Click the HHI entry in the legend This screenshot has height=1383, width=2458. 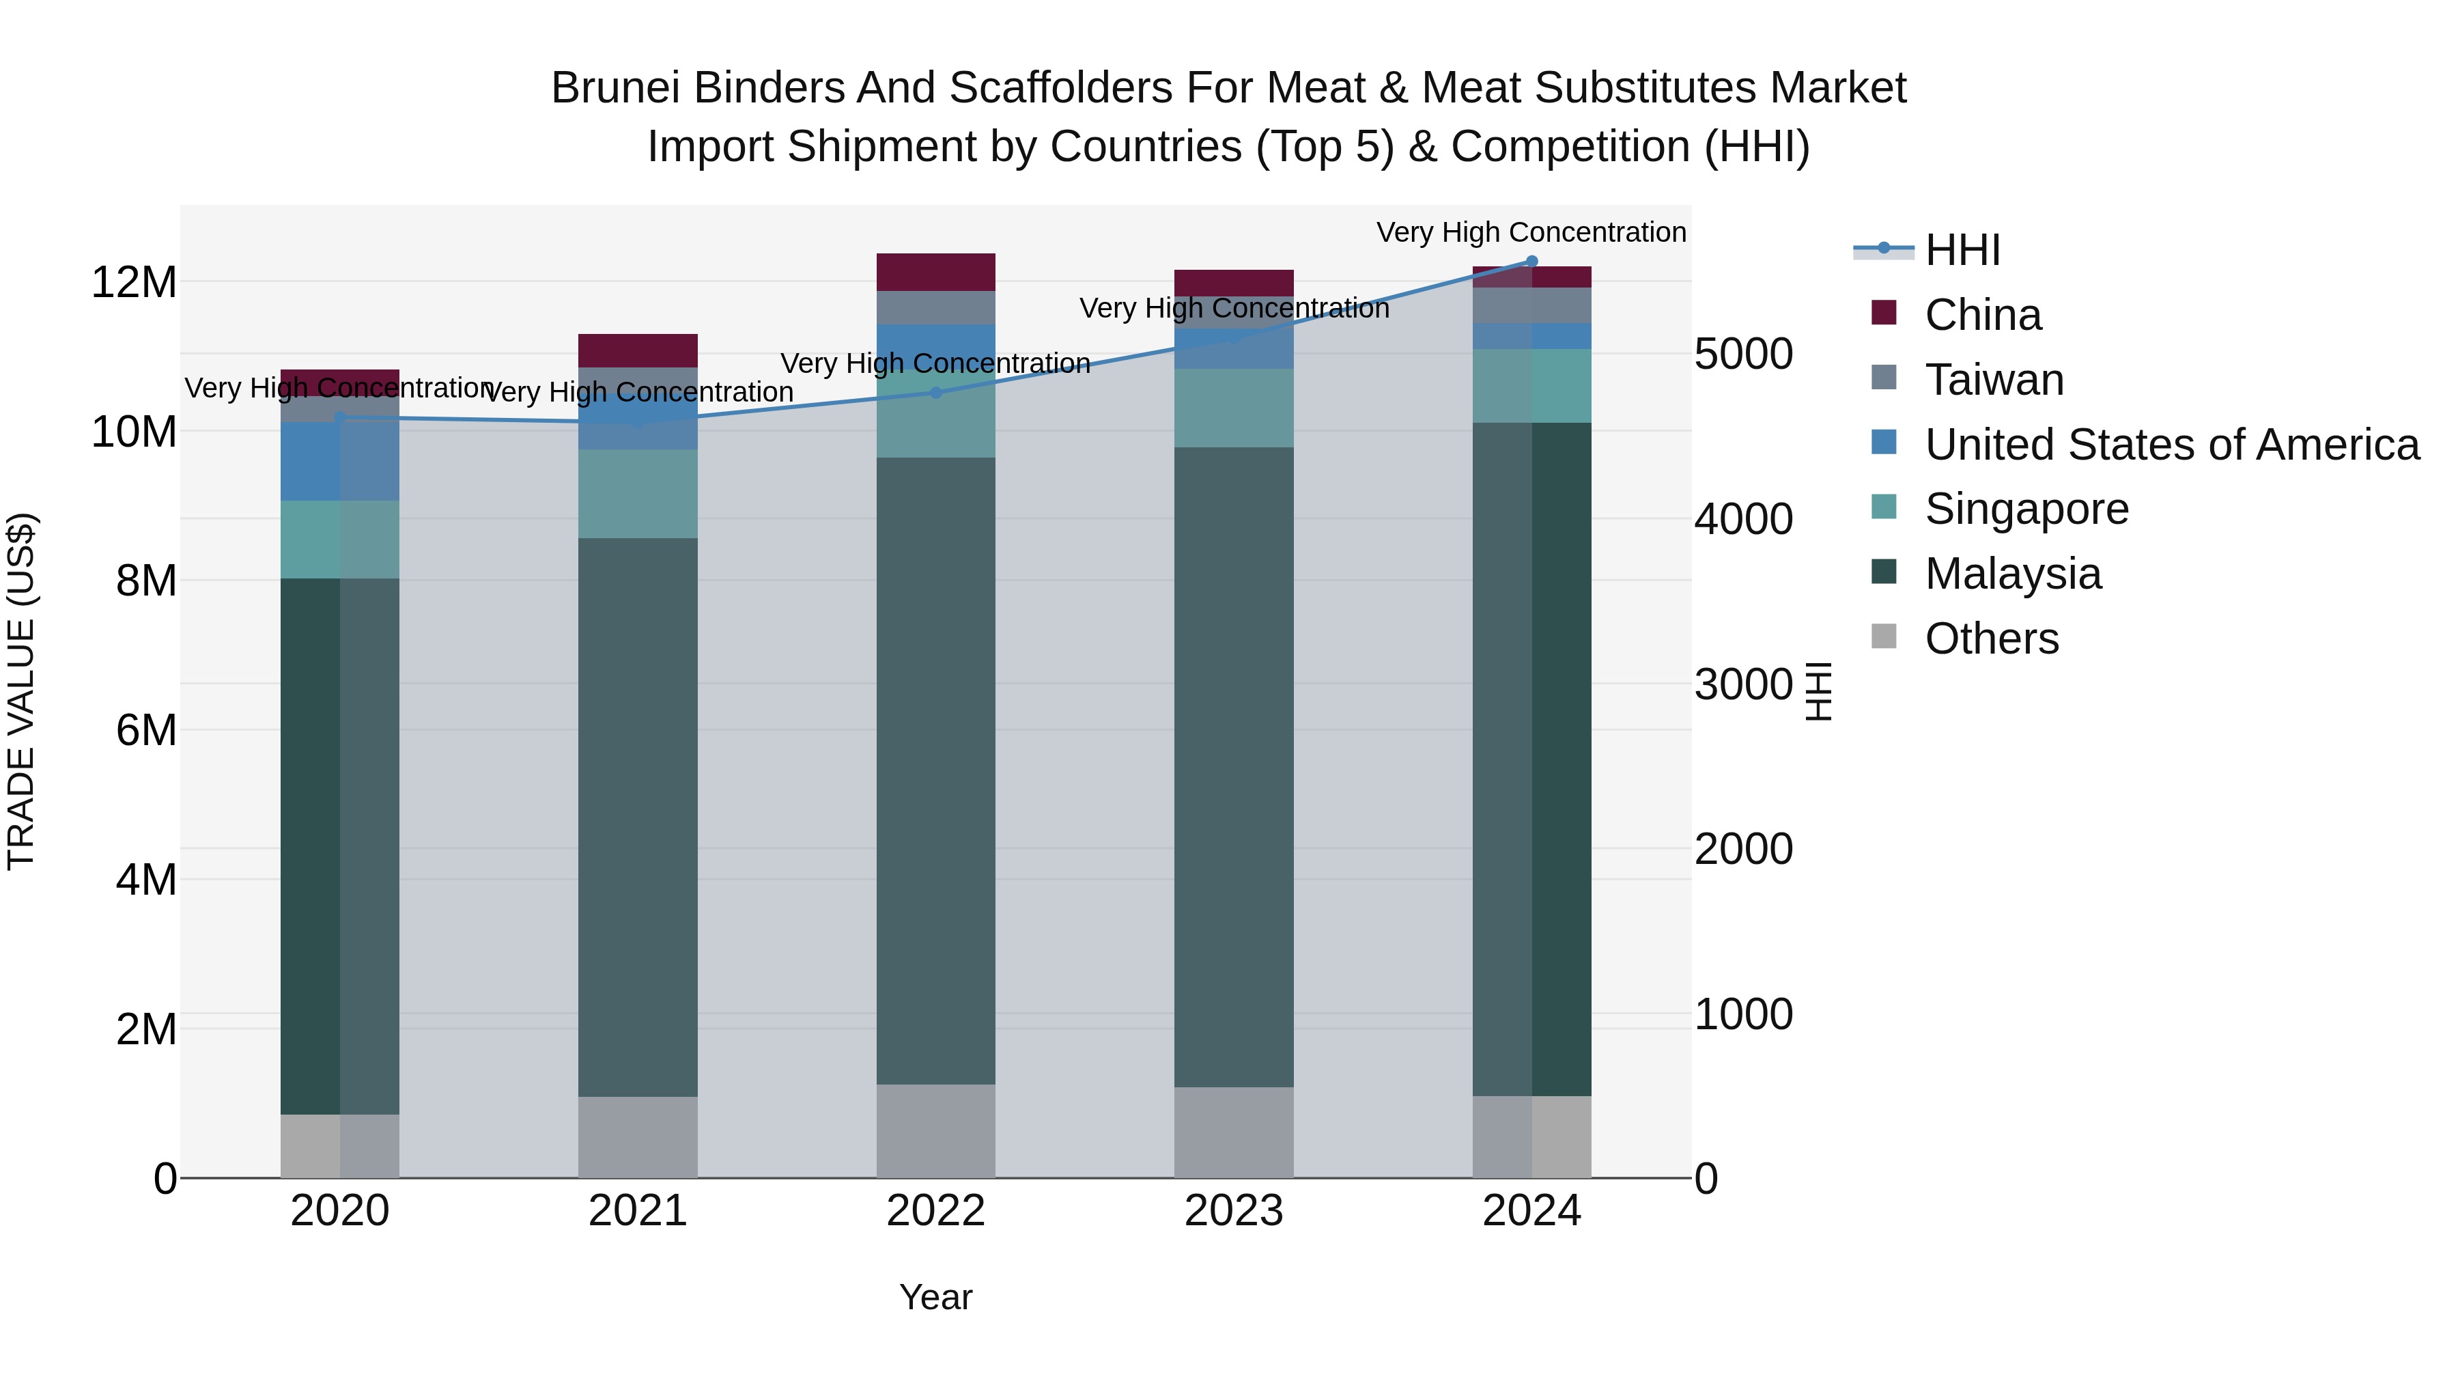(x=1962, y=250)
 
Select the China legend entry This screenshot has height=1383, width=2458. (x=1983, y=315)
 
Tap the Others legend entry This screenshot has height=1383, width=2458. (x=1992, y=639)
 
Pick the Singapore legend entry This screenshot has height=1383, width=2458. (x=2026, y=509)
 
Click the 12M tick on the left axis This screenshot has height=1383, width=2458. (x=134, y=283)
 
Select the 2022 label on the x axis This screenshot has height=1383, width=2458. (x=935, y=1211)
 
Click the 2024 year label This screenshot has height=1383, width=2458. (x=1531, y=1211)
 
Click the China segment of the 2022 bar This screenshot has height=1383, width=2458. (x=935, y=272)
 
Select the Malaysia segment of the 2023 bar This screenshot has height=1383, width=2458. (x=1233, y=764)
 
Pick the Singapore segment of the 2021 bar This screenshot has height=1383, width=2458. (x=638, y=494)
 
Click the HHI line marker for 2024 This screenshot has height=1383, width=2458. (x=1531, y=261)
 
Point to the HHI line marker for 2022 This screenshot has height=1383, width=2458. (x=935, y=392)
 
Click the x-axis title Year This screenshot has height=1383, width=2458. (x=935, y=1297)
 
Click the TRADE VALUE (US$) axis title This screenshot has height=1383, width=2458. (x=21, y=691)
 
